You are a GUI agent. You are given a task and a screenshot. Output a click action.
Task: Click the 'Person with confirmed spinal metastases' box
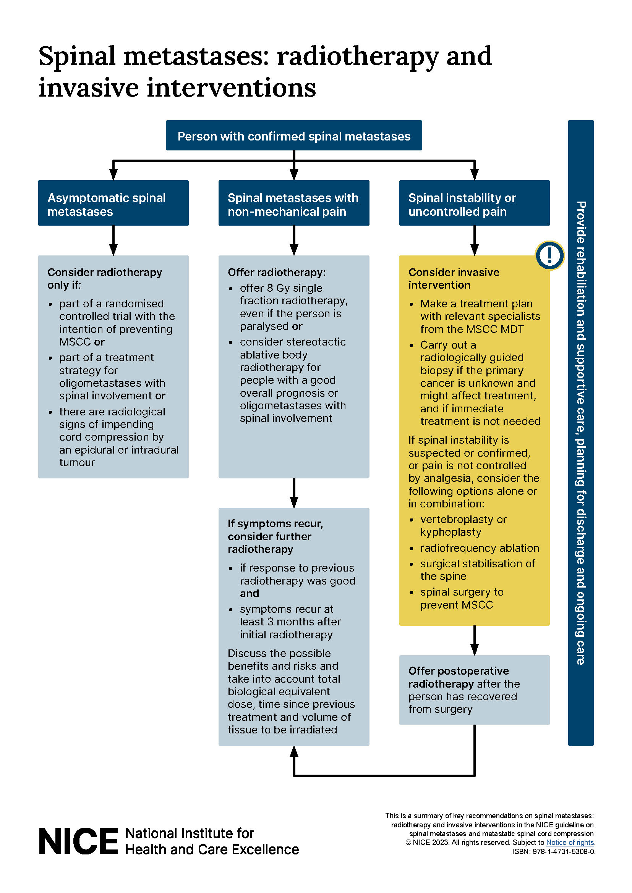point(294,136)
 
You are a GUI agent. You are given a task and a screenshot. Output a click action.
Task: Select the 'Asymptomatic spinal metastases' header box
point(113,203)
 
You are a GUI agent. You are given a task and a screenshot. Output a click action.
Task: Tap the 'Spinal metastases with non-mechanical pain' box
point(294,203)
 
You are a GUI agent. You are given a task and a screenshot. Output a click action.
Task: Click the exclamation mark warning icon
point(549,255)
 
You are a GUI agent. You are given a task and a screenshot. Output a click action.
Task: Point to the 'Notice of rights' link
point(570,843)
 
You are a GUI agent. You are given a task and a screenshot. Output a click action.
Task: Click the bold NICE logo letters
point(78,842)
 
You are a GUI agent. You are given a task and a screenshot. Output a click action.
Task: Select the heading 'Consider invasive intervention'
point(454,278)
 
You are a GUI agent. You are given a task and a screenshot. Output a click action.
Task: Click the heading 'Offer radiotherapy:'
point(277,272)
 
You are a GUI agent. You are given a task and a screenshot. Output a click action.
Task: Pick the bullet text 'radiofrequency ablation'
point(480,548)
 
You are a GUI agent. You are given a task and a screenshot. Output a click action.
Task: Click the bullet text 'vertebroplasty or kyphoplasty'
point(463,526)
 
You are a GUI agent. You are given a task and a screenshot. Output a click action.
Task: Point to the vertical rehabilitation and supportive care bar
point(581,433)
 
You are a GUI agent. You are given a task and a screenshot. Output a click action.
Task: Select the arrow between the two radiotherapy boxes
point(294,493)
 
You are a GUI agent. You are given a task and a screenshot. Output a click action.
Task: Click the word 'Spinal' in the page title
point(77,57)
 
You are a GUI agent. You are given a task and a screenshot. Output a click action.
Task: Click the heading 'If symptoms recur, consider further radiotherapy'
point(275,536)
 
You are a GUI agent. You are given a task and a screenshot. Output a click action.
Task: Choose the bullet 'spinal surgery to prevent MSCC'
point(462,599)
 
